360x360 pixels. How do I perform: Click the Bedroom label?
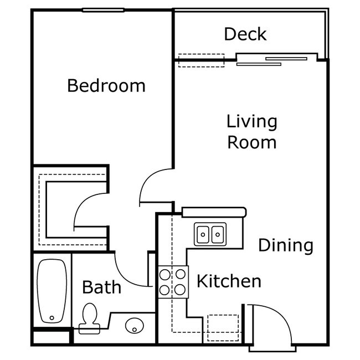click(x=106, y=86)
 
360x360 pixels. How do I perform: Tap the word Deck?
click(x=245, y=34)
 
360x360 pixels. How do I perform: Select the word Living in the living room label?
click(x=251, y=121)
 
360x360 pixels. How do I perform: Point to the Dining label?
click(x=286, y=245)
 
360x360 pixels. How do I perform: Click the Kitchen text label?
click(x=229, y=281)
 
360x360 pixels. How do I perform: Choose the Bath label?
click(x=101, y=287)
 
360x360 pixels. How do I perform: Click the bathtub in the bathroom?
click(x=52, y=291)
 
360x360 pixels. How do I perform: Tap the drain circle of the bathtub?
click(x=52, y=318)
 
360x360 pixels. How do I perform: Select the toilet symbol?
click(x=88, y=319)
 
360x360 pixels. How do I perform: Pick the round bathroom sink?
click(x=133, y=326)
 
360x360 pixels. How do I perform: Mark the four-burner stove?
click(x=172, y=281)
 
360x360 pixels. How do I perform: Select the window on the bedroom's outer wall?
click(x=103, y=10)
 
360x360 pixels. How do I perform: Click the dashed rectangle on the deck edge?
click(x=201, y=60)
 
